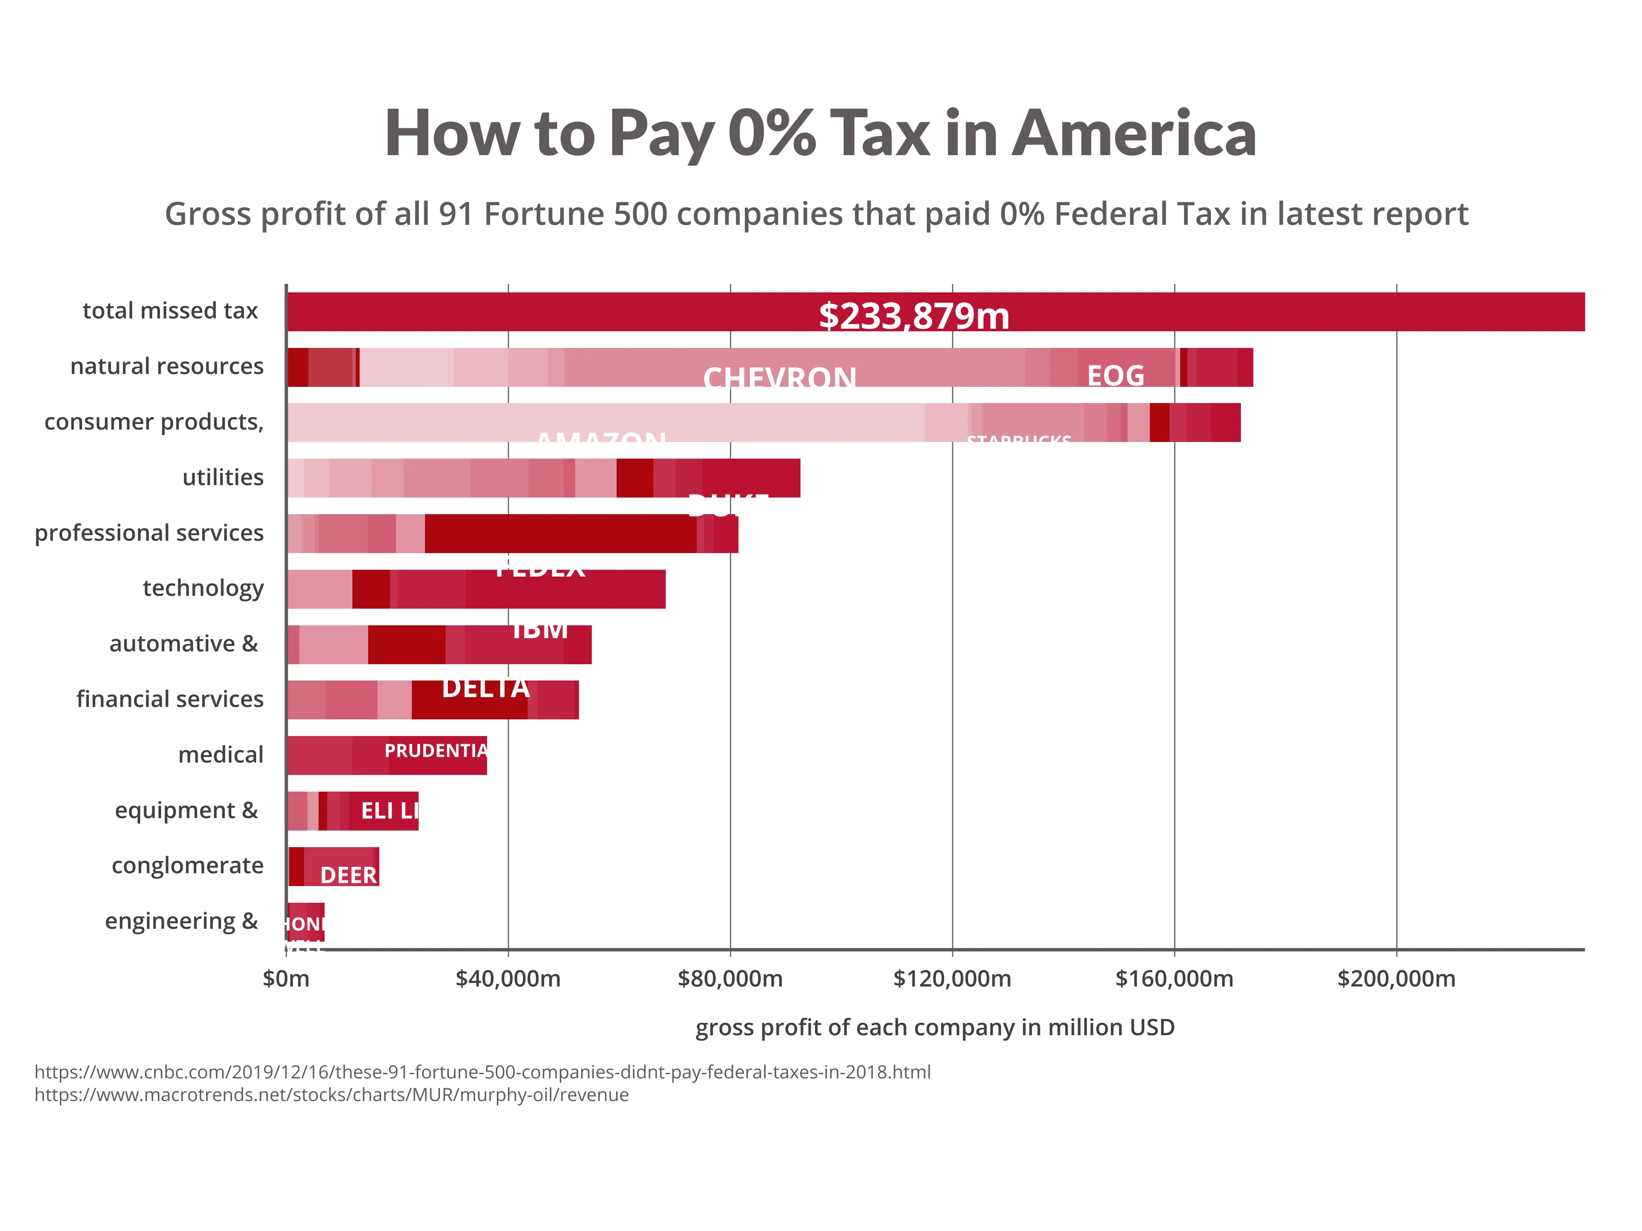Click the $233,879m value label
pos(914,316)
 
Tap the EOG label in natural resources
pos(1115,375)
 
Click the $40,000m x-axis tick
pos(508,979)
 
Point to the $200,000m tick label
pos(1396,979)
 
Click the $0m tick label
pos(286,979)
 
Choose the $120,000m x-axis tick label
pos(952,979)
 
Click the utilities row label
pos(223,477)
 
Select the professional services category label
pos(149,533)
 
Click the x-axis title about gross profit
pos(935,1028)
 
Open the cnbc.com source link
pos(482,1072)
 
